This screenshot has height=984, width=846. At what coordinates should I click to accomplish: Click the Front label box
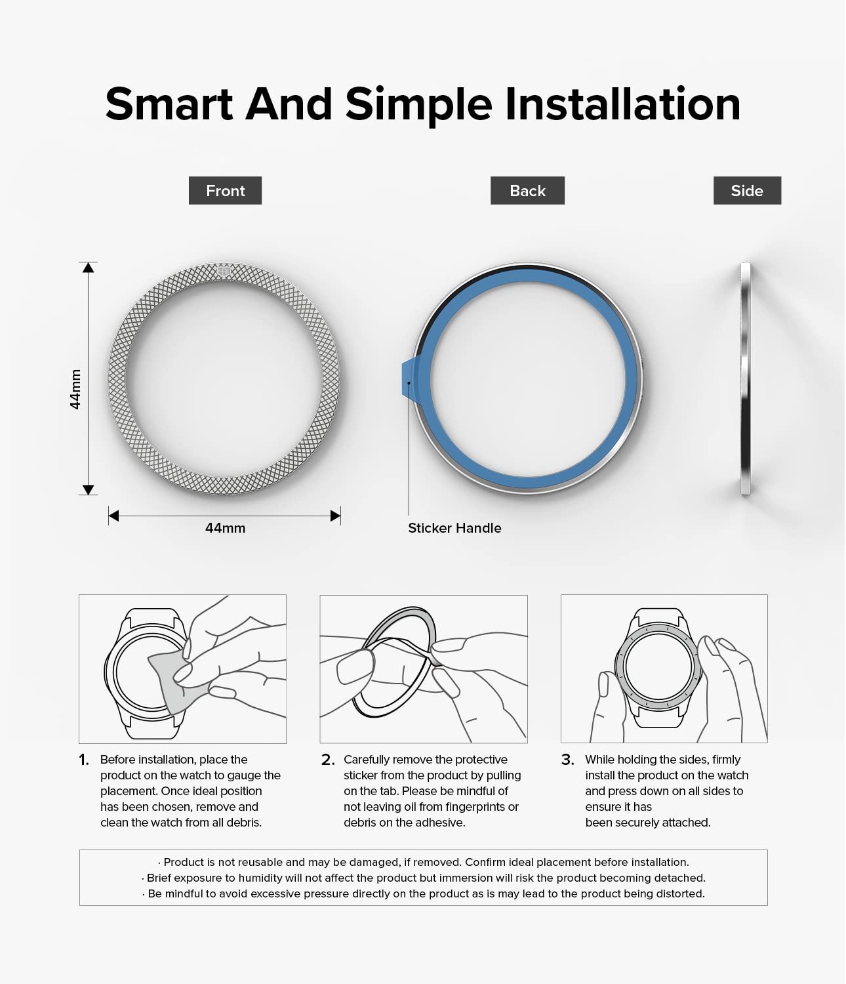225,190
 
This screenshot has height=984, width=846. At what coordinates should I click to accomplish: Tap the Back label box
527,190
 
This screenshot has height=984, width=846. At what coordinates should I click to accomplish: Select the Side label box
747,190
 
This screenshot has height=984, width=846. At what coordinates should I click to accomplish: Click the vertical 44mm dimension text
75,389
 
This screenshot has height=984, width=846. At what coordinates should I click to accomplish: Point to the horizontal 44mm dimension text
225,528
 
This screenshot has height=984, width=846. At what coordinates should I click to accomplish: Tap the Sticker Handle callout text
454,528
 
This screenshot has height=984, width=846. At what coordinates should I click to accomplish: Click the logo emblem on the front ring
223,272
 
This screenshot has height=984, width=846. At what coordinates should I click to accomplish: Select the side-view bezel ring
746,379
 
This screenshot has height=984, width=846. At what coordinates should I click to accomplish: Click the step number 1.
84,759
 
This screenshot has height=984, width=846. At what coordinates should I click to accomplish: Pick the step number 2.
328,759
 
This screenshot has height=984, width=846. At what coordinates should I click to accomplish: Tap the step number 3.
568,759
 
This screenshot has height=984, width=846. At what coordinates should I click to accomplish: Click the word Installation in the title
622,104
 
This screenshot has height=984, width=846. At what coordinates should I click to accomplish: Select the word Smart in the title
169,104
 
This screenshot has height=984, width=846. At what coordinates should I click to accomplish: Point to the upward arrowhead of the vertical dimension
88,268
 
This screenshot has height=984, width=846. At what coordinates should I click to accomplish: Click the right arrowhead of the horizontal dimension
336,516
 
